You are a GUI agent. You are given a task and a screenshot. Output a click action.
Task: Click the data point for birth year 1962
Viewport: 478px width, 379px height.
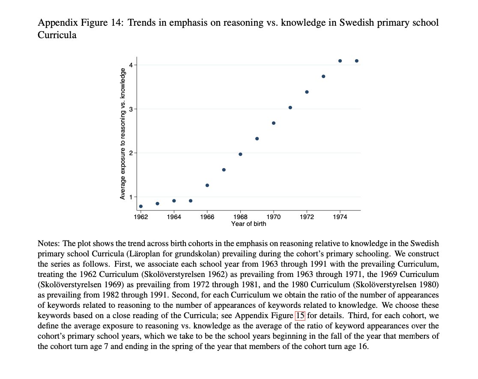coord(141,206)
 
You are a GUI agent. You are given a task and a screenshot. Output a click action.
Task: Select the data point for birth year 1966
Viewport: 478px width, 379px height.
coord(207,185)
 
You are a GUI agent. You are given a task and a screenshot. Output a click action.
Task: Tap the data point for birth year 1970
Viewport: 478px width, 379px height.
coord(274,123)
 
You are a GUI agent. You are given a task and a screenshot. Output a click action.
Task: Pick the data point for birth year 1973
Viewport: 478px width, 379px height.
coord(323,76)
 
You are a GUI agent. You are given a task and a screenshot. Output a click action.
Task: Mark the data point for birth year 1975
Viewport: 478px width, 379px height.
coord(357,61)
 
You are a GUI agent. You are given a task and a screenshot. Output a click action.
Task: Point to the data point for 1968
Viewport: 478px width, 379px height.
coord(240,154)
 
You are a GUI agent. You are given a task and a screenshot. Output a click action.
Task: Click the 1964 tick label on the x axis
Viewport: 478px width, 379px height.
coord(174,217)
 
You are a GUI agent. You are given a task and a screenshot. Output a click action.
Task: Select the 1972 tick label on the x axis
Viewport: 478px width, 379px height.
coord(307,217)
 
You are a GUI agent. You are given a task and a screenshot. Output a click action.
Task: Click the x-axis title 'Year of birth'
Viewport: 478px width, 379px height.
coord(248,224)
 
